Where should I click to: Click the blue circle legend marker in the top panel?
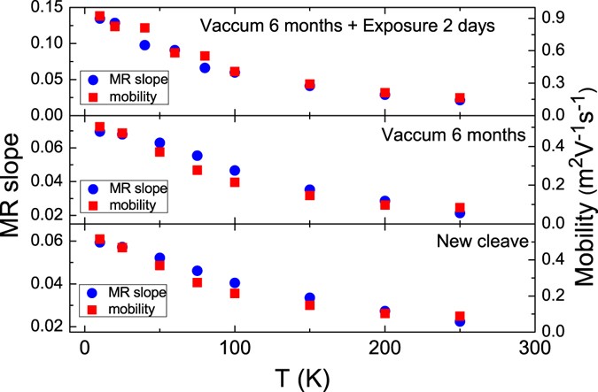[93, 80]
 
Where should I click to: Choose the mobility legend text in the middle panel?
[134, 204]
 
